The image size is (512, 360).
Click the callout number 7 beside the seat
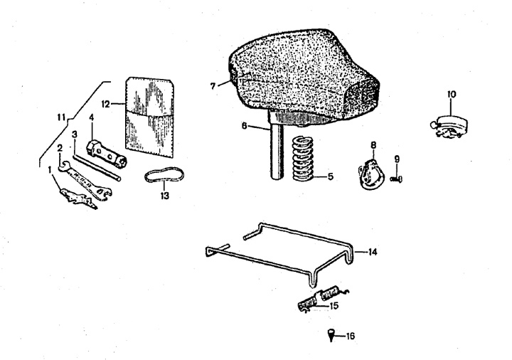tap(213, 86)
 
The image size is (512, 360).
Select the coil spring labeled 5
tap(302, 159)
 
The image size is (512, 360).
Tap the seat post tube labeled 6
tap(277, 144)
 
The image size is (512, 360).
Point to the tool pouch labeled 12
tap(149, 117)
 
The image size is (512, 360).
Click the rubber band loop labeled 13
tap(164, 175)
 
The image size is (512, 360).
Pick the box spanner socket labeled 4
tap(107, 153)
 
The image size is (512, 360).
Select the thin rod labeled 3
tap(97, 167)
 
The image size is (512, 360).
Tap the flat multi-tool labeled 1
tap(78, 198)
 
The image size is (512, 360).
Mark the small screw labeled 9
tap(396, 179)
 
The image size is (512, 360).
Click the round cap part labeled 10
tap(449, 126)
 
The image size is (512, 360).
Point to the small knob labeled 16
tap(331, 335)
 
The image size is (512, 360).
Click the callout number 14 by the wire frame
tap(372, 252)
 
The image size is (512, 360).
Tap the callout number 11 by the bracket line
tap(61, 117)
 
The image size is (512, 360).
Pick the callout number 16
tap(350, 336)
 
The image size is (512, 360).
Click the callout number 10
tap(452, 95)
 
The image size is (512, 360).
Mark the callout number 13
tap(165, 196)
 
